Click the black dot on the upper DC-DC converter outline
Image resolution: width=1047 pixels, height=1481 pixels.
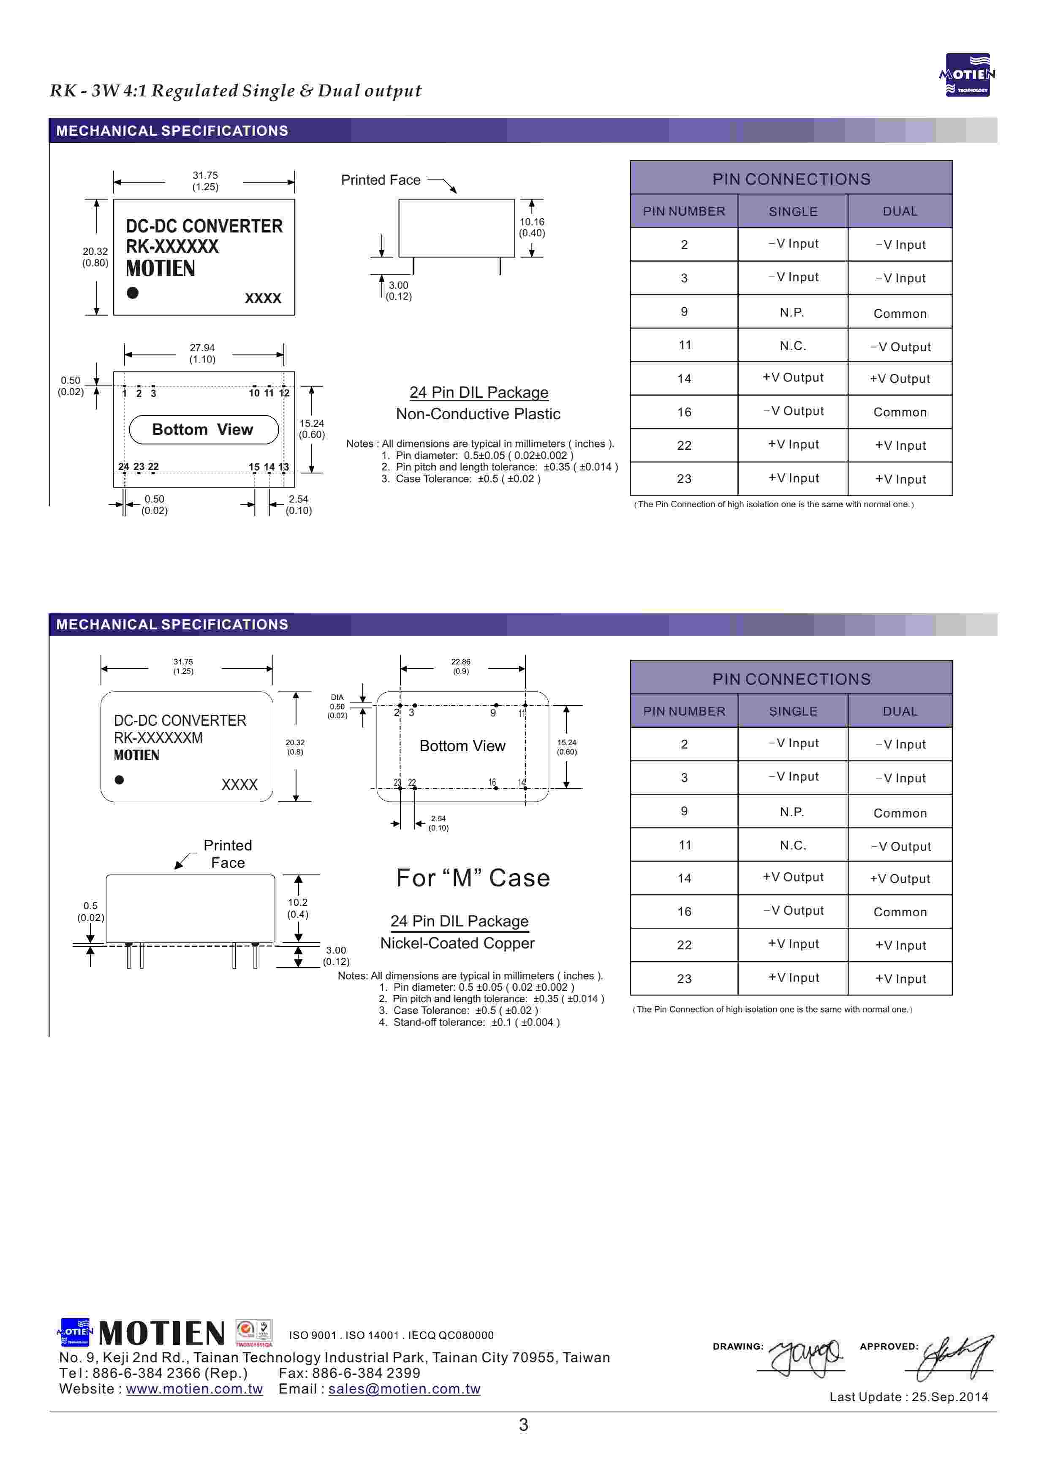pyautogui.click(x=133, y=293)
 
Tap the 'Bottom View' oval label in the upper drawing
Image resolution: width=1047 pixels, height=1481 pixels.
pyautogui.click(x=204, y=429)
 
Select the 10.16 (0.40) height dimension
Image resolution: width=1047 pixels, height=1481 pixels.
pyautogui.click(x=532, y=227)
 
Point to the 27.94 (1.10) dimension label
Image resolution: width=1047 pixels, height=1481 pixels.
pyautogui.click(x=202, y=353)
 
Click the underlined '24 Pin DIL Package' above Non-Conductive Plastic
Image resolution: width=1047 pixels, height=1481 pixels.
pyautogui.click(x=479, y=392)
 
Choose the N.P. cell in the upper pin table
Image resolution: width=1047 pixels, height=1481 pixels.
pyautogui.click(x=792, y=313)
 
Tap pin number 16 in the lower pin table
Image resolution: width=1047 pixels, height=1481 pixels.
pyautogui.click(x=684, y=911)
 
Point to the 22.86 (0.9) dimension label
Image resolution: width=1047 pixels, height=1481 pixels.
pyautogui.click(x=460, y=666)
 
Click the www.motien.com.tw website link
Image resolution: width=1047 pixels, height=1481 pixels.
pyautogui.click(x=194, y=1389)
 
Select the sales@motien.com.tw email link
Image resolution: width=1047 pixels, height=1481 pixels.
pyautogui.click(x=404, y=1389)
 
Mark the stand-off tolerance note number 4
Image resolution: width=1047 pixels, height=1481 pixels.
pyautogui.click(x=469, y=1022)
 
